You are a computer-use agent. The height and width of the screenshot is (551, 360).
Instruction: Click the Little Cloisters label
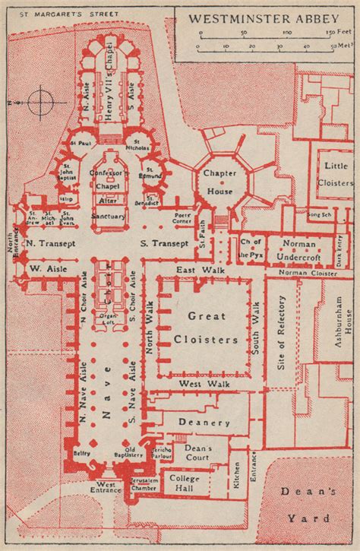(335, 176)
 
